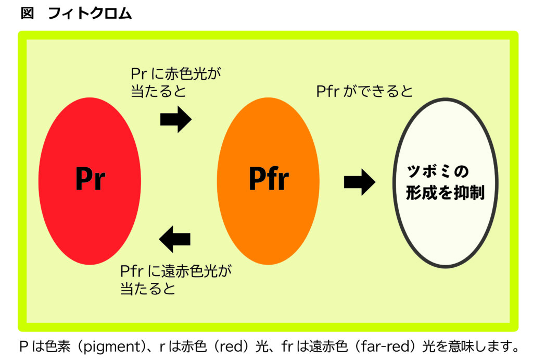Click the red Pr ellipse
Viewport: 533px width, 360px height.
coord(90,181)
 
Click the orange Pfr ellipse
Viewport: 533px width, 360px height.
coord(268,181)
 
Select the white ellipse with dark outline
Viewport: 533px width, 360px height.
coord(446,183)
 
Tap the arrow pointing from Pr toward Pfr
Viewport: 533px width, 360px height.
coord(176,119)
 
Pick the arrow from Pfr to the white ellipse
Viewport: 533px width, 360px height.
coord(360,182)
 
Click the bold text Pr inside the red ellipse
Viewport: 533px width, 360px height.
coord(90,179)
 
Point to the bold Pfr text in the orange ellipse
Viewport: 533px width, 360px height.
coord(269,178)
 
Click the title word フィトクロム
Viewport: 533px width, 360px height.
coord(90,13)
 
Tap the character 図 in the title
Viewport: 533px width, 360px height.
coord(27,13)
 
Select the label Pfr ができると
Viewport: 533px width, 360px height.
coord(364,91)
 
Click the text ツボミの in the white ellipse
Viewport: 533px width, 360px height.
coord(438,171)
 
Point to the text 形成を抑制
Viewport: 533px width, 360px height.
coord(445,193)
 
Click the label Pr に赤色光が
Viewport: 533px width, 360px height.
coord(176,73)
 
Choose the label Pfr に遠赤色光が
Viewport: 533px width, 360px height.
coord(176,271)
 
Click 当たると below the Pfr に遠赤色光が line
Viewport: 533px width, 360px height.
coord(148,289)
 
